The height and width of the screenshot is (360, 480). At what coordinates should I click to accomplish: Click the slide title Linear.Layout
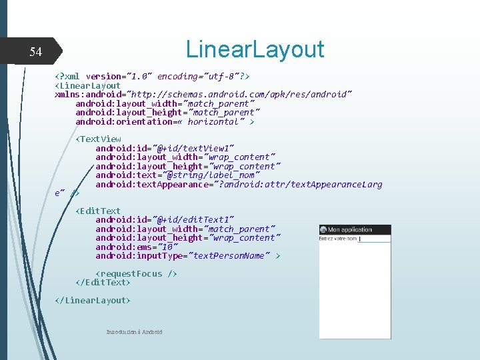coord(255,49)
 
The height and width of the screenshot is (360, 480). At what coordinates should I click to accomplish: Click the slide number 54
coord(35,52)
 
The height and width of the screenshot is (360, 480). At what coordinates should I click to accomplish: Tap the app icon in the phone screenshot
coord(323,230)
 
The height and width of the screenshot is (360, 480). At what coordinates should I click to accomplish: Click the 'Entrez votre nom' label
coord(338,239)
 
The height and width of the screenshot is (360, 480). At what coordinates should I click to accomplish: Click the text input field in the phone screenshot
coord(374,239)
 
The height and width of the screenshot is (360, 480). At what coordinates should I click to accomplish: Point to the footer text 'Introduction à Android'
coord(134,331)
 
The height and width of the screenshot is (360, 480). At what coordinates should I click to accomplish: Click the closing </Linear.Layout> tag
coord(93,300)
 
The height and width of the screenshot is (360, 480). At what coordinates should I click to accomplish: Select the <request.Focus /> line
coord(137,273)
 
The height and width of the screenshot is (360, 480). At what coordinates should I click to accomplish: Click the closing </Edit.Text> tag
coord(103,282)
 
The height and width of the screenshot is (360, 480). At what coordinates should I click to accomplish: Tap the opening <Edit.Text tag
coord(98,211)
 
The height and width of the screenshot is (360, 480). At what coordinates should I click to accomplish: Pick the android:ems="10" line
coord(137,247)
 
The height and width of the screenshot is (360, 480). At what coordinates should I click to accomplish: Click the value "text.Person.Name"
coord(229,255)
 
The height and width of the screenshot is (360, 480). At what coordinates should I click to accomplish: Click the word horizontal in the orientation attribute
coord(213,121)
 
